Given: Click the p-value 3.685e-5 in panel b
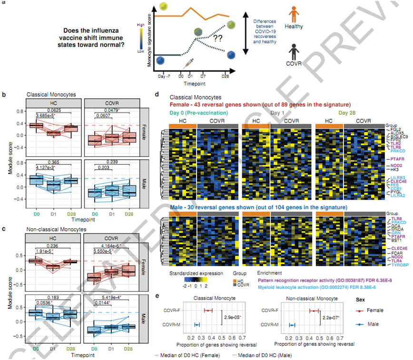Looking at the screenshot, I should pos(50,116).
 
